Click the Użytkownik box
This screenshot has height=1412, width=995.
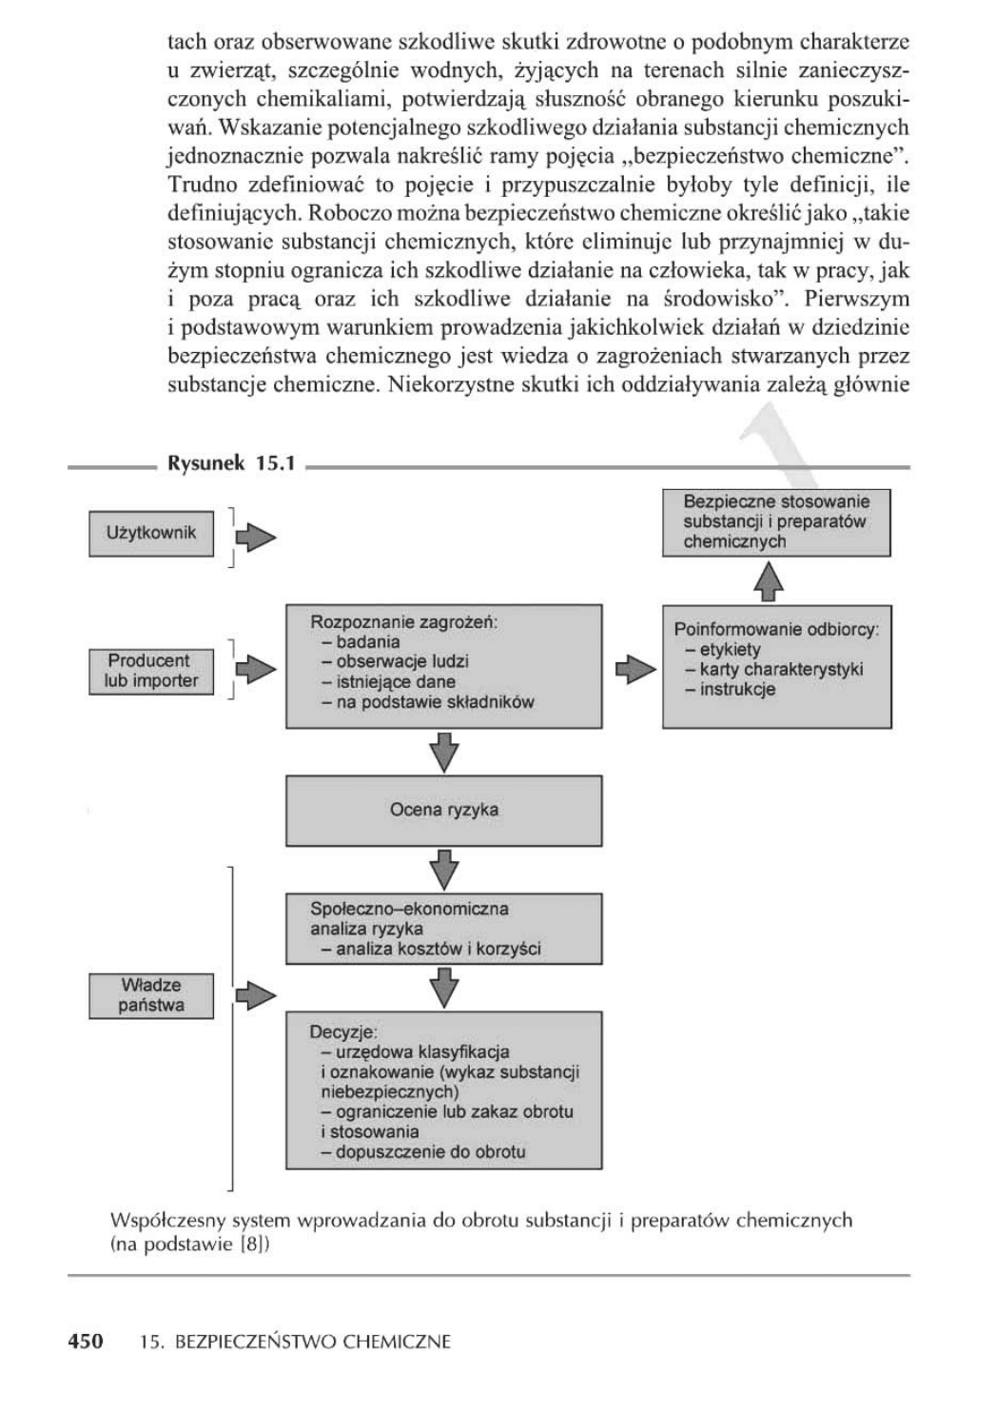[x=151, y=534]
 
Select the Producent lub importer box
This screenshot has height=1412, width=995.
[x=151, y=671]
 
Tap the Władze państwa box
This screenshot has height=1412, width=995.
[x=151, y=995]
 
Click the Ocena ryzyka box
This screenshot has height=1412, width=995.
[x=444, y=811]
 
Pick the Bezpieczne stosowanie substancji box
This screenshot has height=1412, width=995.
[x=776, y=522]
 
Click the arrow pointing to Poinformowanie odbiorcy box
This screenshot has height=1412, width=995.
[x=634, y=669]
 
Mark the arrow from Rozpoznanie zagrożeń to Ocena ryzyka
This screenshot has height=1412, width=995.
[x=444, y=752]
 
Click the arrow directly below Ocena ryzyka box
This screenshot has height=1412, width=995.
[x=444, y=869]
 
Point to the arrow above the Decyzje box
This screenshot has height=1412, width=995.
[x=444, y=987]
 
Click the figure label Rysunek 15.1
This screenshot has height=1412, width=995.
[x=231, y=464]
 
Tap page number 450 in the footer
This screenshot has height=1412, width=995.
[x=86, y=1342]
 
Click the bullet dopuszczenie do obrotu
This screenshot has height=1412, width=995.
[x=424, y=1151]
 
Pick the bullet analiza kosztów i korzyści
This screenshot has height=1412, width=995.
[x=439, y=949]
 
